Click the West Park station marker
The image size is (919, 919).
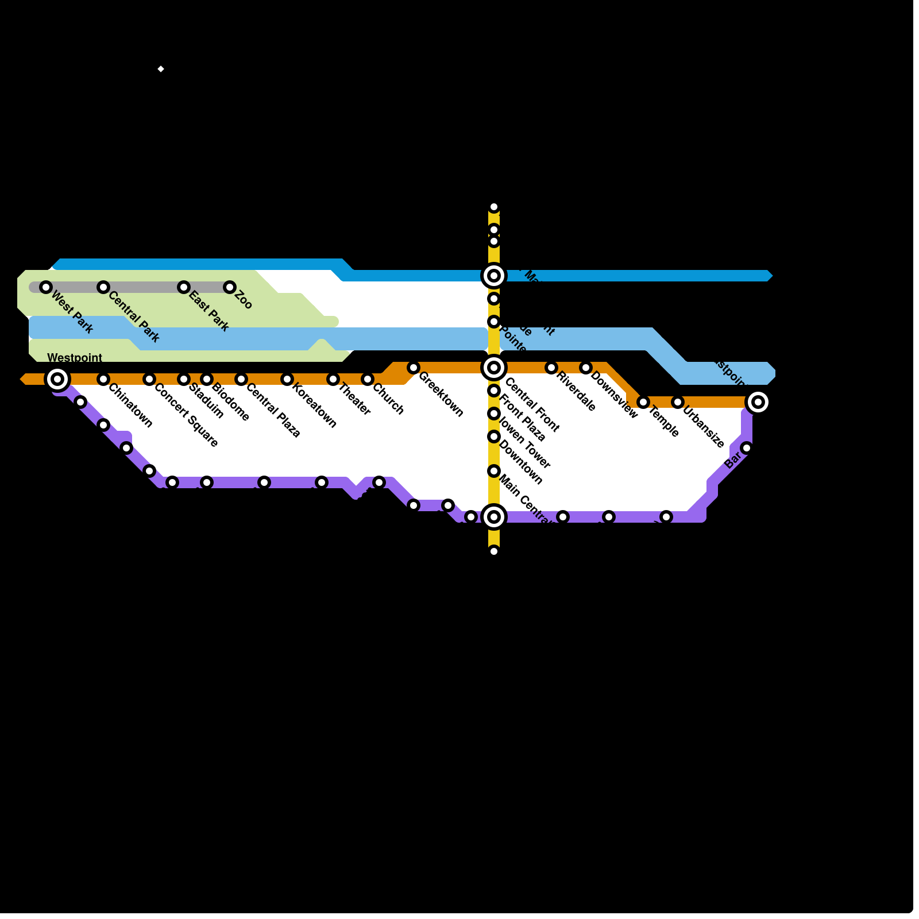tap(46, 287)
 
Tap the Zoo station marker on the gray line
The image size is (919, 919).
tap(230, 287)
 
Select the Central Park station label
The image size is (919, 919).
tap(133, 317)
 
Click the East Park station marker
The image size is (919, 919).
tap(184, 287)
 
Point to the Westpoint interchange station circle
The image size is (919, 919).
tap(57, 379)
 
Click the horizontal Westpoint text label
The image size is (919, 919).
tap(75, 358)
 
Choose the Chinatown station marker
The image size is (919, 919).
tap(103, 379)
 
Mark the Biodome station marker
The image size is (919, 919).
tap(207, 379)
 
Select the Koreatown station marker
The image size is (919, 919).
tap(287, 379)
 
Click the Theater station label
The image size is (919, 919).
tap(354, 399)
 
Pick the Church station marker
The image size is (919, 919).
tap(368, 379)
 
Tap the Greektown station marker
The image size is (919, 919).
tap(414, 368)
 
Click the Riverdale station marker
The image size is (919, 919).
tap(551, 368)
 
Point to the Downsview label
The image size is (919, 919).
tap(613, 395)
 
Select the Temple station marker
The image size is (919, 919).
tap(643, 402)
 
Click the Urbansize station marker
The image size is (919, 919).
tap(678, 402)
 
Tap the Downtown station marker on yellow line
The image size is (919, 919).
tap(494, 437)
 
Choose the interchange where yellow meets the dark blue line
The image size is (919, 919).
tap(494, 276)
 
